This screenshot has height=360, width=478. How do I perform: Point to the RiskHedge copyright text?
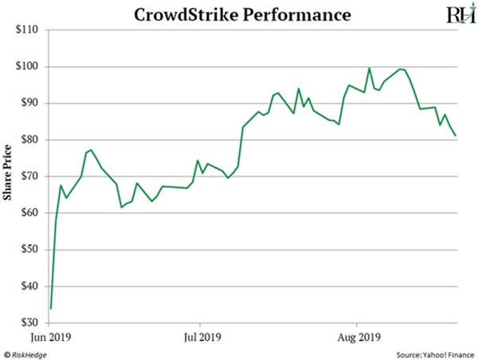(x=29, y=353)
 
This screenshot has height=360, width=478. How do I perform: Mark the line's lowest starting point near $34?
(x=51, y=308)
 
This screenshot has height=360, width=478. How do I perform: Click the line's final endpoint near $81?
(x=456, y=135)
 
